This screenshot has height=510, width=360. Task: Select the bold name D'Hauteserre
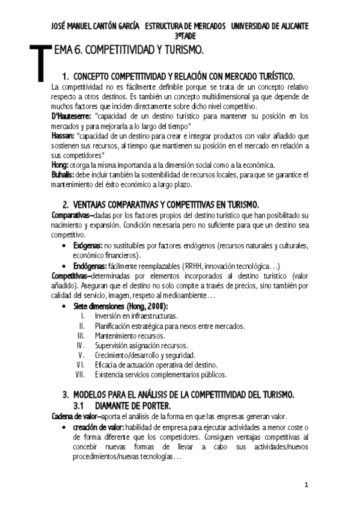point(71,115)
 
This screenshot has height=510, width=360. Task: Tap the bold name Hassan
point(64,136)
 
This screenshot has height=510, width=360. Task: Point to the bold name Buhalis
point(64,174)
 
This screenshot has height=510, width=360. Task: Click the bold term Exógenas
point(88,246)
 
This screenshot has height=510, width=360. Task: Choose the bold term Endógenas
point(89,266)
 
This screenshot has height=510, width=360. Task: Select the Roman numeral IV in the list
point(80,345)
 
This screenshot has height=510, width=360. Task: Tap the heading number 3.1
point(82,406)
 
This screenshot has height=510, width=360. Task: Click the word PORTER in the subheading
point(154,406)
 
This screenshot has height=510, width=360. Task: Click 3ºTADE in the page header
point(180,35)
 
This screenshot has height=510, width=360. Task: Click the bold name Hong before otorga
point(61,165)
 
